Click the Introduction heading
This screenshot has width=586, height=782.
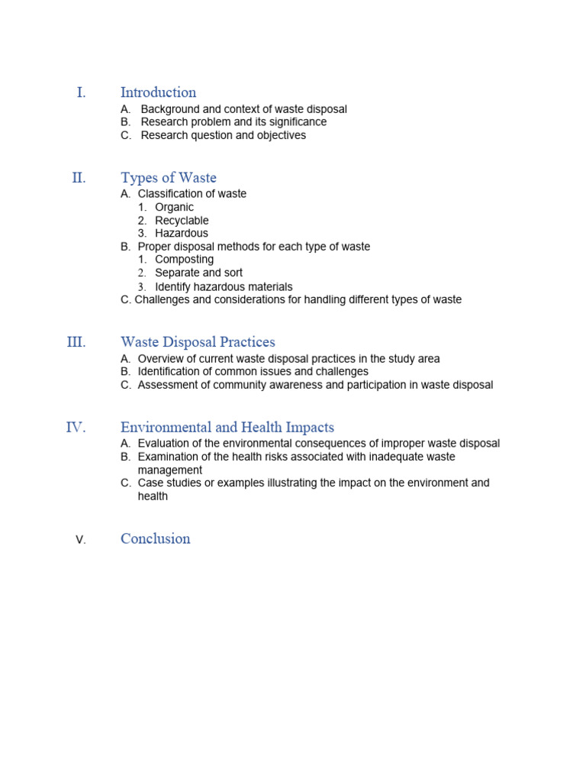coord(158,92)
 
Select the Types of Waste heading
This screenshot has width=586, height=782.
coord(168,178)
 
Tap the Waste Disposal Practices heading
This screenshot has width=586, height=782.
coord(198,342)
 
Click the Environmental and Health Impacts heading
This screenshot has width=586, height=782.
coord(227,428)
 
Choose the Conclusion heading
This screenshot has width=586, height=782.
coord(155,538)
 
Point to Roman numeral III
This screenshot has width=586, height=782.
coord(76,342)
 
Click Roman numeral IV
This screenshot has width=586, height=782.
coord(76,428)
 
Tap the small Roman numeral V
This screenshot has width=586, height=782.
coord(81,540)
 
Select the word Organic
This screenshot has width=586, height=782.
coord(174,207)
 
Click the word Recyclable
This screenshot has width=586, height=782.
coord(182,220)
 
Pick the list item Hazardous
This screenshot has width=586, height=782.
coord(181,233)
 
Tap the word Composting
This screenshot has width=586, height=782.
coord(184,259)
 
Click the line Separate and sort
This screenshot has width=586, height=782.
coord(198,273)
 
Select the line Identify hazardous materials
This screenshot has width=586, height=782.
coord(224,286)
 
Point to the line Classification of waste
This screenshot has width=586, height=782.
coord(192,194)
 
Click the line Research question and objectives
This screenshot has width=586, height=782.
coord(223,135)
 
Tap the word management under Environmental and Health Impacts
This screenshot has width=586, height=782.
coord(170,470)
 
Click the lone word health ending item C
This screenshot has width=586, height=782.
coord(153,496)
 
